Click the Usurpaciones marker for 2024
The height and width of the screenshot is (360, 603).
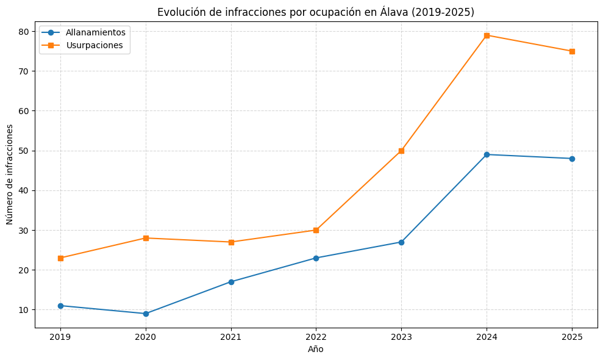pos(487,35)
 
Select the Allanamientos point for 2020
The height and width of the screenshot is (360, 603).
pos(146,314)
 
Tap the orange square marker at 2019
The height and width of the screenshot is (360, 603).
pos(60,258)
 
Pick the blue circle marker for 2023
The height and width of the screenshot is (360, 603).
pos(401,242)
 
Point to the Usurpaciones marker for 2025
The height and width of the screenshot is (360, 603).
pos(572,51)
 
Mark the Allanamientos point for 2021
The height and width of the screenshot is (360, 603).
pos(231,282)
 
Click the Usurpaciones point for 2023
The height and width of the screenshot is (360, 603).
pos(401,151)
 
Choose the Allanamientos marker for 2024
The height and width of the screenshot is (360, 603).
pos(487,154)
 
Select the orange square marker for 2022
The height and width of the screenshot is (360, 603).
pos(316,230)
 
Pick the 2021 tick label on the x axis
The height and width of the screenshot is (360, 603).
pos(231,337)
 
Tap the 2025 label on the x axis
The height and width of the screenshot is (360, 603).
pos(572,337)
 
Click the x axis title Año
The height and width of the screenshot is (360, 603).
pos(316,349)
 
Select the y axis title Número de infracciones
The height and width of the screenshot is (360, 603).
pos(10,175)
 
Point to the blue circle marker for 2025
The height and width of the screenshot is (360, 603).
pos(572,159)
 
